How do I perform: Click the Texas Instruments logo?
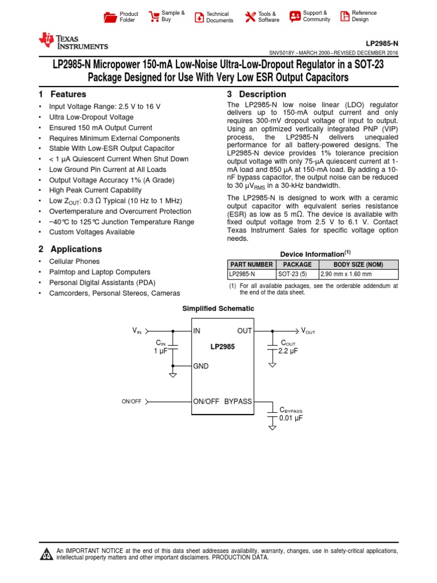[x=72, y=41]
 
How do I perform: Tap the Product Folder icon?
[x=110, y=17]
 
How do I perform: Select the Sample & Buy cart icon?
[x=153, y=17]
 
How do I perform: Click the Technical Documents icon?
[x=199, y=17]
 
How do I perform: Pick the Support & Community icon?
[x=295, y=17]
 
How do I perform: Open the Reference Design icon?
[x=344, y=17]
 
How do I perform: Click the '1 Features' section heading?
[x=63, y=95]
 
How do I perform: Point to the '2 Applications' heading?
[x=70, y=249]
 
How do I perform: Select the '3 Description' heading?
[x=256, y=95]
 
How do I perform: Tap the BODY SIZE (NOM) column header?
[x=358, y=265]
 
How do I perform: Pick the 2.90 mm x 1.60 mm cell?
[x=345, y=274]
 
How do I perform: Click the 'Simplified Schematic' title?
[x=218, y=309]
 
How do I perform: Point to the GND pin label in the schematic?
[x=201, y=366]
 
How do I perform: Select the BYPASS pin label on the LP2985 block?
[x=238, y=401]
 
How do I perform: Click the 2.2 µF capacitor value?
[x=288, y=351]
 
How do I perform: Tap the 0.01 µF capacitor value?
[x=291, y=418]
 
